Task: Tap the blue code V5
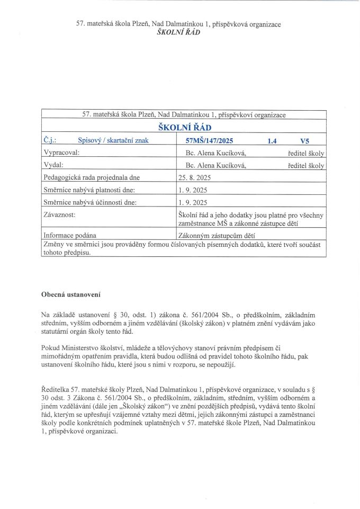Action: [x=304, y=141]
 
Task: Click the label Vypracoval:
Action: [x=60, y=153]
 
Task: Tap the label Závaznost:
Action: [x=58, y=216]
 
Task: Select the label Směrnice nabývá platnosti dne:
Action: [x=84, y=190]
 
